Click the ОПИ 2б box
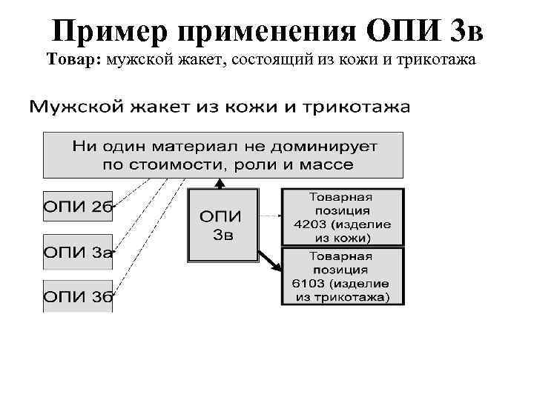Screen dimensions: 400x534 [78, 207]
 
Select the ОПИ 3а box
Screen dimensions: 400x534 [78, 252]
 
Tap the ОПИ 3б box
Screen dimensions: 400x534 [78, 297]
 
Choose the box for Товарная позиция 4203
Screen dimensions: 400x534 [343, 217]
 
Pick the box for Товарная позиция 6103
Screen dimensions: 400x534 [343, 276]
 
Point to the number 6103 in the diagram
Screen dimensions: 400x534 [312, 284]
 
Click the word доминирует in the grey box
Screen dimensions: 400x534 [332, 146]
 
